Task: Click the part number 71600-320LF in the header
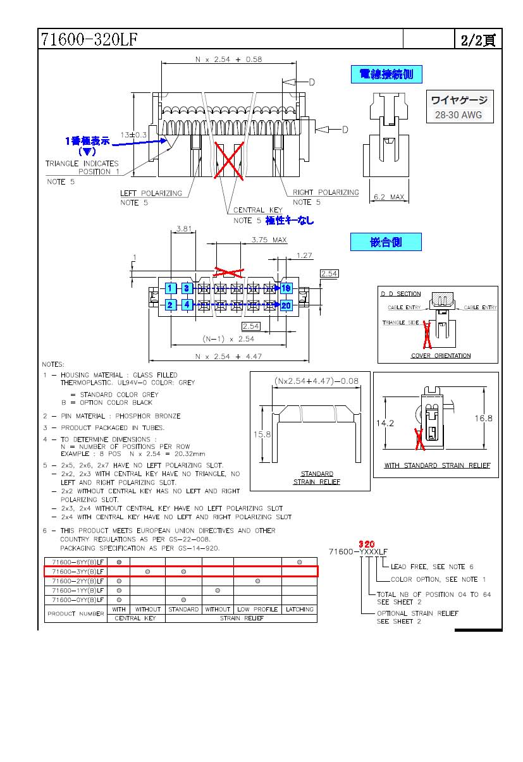[x=89, y=40]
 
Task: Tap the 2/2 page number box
[x=478, y=40]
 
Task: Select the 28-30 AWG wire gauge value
[x=458, y=115]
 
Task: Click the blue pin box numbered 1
[x=170, y=289]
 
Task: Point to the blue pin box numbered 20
[x=286, y=305]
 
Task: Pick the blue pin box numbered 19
[x=286, y=289]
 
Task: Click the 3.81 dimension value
[x=184, y=229]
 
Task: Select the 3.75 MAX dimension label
[x=269, y=240]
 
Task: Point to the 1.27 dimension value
[x=305, y=255]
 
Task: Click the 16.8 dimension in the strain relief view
[x=483, y=418]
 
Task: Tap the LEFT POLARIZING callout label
[x=151, y=194]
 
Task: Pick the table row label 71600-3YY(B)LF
[x=78, y=571]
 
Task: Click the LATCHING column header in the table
[x=299, y=610]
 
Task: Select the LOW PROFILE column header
[x=257, y=610]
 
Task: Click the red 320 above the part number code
[x=367, y=544]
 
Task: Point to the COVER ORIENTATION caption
[x=441, y=355]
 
